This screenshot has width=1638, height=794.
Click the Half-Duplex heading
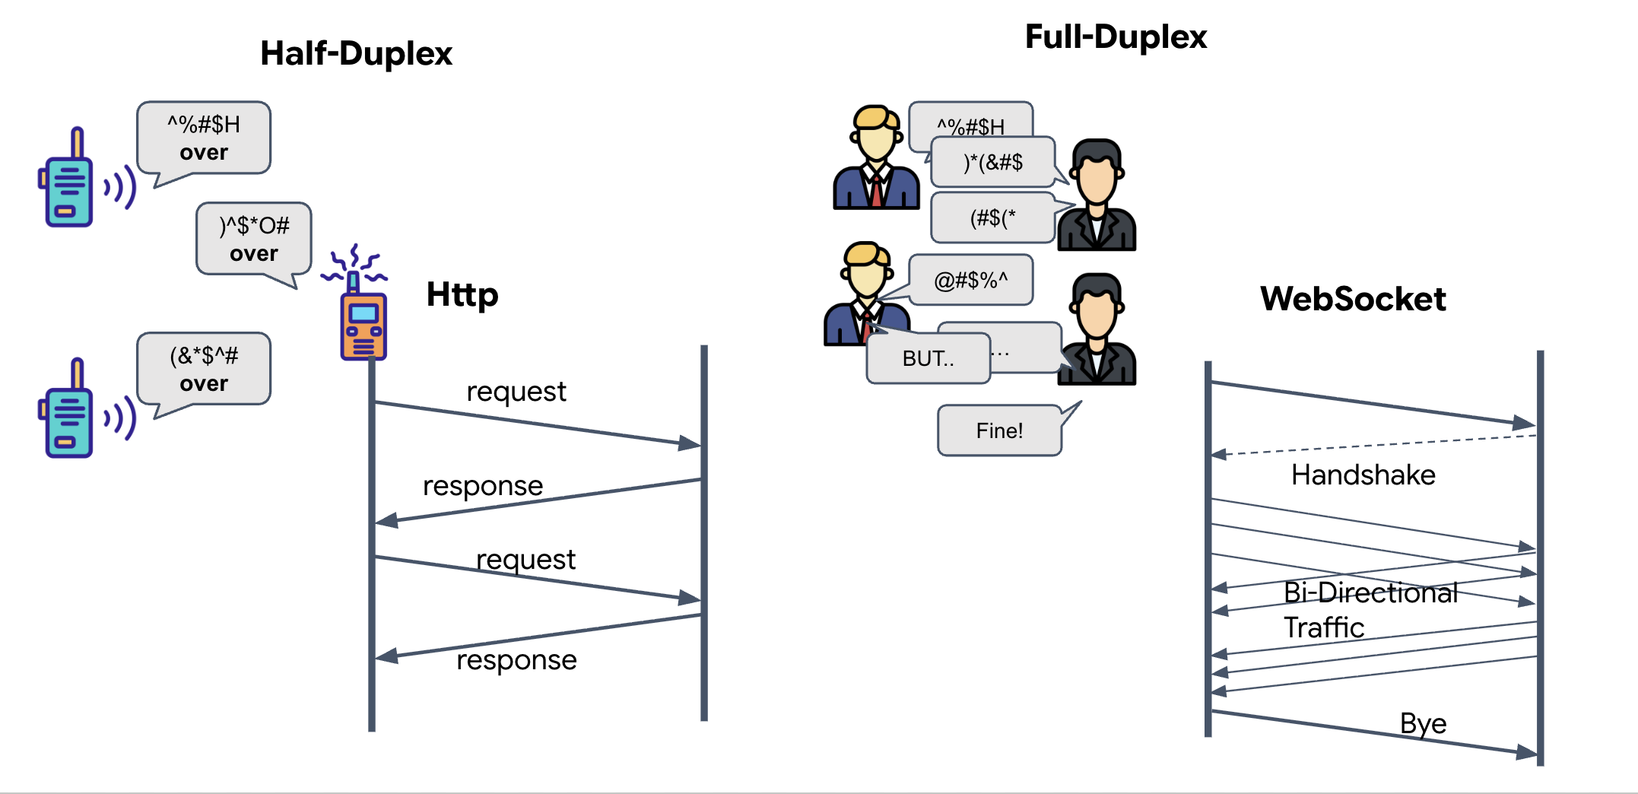click(356, 54)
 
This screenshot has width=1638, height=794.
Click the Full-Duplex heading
click(1116, 37)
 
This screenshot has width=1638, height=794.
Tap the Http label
click(462, 294)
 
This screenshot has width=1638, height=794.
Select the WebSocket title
click(1352, 299)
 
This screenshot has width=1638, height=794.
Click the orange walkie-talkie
click(363, 326)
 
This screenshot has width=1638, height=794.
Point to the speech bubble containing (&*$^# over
click(204, 369)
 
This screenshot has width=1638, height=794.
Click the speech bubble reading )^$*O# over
click(254, 239)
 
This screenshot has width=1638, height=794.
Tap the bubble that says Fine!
click(999, 430)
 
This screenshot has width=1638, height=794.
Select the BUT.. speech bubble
click(928, 358)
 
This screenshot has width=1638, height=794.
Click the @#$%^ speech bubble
click(971, 281)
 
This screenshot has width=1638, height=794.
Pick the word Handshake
click(1363, 475)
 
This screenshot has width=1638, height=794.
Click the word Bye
click(1423, 723)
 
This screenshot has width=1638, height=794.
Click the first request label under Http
click(516, 392)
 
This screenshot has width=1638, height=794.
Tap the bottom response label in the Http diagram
click(516, 660)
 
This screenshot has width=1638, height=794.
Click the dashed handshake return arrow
click(1369, 445)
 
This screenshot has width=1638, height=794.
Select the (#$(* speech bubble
click(992, 219)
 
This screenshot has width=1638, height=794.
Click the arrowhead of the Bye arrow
click(1525, 752)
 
